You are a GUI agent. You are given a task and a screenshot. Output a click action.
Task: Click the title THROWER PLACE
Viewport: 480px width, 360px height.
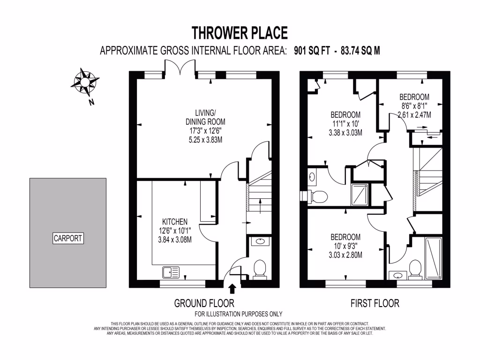tap(240, 33)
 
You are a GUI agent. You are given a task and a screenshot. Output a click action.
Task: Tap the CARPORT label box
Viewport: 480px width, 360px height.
tap(67, 238)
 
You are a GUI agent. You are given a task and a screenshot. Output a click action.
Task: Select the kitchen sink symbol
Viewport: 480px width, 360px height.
tap(171, 271)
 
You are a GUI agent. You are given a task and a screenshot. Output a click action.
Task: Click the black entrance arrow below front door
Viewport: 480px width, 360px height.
tap(232, 289)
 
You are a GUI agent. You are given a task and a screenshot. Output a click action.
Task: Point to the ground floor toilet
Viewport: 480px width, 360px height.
tap(259, 269)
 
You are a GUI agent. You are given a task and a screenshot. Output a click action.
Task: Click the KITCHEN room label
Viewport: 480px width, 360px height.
tap(175, 222)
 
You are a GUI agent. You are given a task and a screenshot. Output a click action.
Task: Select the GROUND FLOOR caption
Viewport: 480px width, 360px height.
tap(204, 303)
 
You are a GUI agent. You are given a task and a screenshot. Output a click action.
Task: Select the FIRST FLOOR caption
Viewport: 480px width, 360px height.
tap(375, 303)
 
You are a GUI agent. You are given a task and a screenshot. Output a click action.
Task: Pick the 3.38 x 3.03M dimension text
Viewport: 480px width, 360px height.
tap(345, 132)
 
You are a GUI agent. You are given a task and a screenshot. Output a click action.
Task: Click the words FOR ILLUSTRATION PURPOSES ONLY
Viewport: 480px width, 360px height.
tap(238, 314)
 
